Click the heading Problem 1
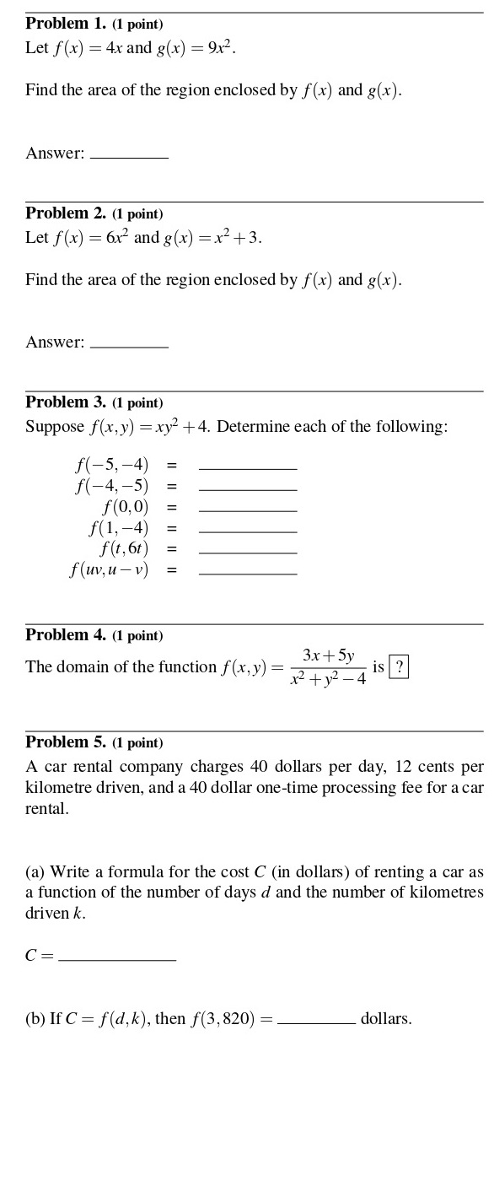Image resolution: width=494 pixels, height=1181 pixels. tap(66, 24)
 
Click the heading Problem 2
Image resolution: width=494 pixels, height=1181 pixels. tap(66, 213)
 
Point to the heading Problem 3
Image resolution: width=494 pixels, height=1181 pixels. tap(66, 402)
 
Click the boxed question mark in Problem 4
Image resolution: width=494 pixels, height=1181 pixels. tap(399, 667)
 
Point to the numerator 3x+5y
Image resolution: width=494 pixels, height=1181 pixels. tap(328, 655)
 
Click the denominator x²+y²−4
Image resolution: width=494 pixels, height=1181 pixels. tap(328, 679)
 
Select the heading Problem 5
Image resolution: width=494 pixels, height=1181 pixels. tap(66, 742)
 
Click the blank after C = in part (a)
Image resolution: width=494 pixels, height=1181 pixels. tap(117, 956)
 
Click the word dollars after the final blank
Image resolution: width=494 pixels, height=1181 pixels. tap(386, 1019)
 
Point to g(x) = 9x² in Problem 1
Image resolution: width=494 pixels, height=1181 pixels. tap(196, 48)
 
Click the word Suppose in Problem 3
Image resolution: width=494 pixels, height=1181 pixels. tap(55, 427)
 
